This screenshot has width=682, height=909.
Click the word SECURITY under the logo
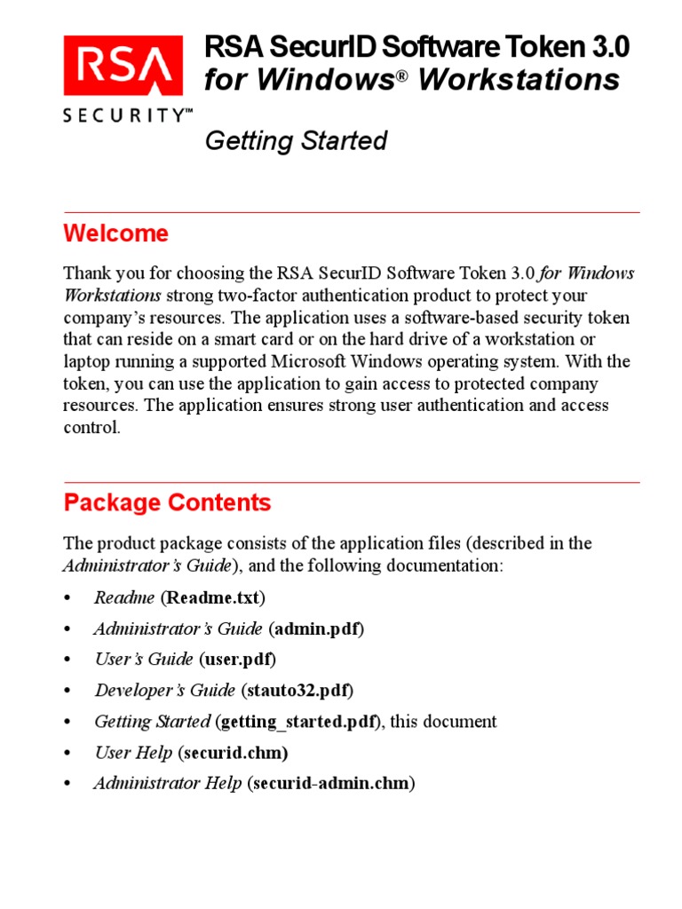click(125, 115)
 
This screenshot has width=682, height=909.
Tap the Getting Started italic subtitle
click(296, 141)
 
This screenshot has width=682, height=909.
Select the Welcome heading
click(115, 233)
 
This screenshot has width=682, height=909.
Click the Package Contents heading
click(167, 502)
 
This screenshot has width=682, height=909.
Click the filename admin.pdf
click(316, 628)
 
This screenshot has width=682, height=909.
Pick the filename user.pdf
click(238, 660)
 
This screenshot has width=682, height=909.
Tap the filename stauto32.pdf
click(303, 690)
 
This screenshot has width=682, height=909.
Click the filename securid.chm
click(234, 753)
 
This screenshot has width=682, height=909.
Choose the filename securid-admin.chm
click(330, 784)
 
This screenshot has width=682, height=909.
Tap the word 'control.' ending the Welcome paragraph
click(91, 428)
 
